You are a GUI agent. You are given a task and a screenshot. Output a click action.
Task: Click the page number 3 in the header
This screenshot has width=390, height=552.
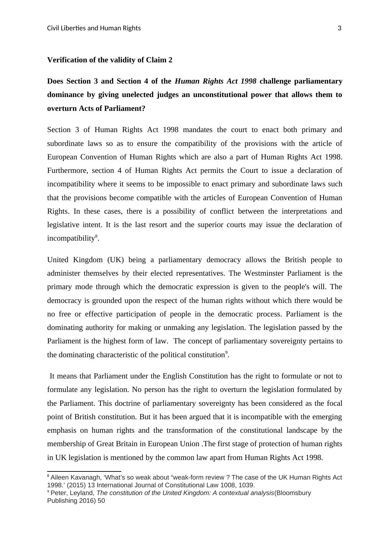click(339, 28)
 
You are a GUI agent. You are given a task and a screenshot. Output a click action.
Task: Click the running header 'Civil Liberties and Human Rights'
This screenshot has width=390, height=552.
click(94, 28)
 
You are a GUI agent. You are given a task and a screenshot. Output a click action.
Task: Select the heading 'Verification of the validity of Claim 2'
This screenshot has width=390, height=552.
click(109, 60)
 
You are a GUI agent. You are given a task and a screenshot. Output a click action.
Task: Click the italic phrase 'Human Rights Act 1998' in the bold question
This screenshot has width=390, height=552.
click(216, 81)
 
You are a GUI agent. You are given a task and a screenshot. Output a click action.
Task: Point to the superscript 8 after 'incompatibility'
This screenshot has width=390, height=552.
click(96, 237)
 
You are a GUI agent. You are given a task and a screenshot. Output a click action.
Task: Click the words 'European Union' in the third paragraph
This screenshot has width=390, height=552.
click(175, 444)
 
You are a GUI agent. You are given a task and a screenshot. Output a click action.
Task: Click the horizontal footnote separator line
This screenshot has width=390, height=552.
click(84, 471)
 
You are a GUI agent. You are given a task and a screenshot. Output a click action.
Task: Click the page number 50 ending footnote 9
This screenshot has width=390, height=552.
click(101, 501)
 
